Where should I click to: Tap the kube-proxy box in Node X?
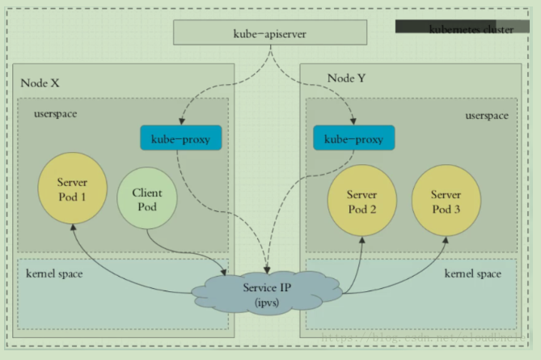coord(181,138)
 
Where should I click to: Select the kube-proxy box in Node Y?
coord(353,138)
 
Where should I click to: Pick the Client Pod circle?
coord(147,201)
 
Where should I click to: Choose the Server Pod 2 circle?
coord(361,201)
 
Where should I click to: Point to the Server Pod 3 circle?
coord(446,201)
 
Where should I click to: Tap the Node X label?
coord(40,83)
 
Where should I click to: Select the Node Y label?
coord(346,78)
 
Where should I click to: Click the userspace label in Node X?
coord(55,114)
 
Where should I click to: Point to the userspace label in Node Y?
coord(487,116)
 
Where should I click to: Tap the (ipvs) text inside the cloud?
coord(266,302)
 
